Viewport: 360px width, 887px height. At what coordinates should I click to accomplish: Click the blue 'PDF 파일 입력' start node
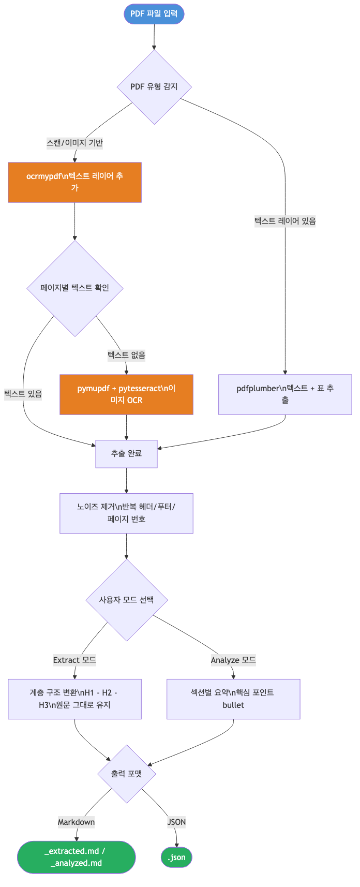click(x=154, y=14)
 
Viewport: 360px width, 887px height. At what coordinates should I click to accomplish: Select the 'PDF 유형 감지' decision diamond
click(x=154, y=86)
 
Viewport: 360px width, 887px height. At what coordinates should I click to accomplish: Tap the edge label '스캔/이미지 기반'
click(x=74, y=143)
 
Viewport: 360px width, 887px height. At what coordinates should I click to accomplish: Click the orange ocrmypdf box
click(x=74, y=182)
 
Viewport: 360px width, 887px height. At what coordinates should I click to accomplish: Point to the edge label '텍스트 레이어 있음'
click(x=285, y=221)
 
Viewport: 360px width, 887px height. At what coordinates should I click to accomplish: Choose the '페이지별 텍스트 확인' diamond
click(x=75, y=288)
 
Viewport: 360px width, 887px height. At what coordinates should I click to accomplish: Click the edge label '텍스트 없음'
click(x=126, y=355)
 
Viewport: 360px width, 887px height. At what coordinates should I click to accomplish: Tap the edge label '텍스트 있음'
click(x=23, y=394)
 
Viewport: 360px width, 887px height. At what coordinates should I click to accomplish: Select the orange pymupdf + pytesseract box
click(x=126, y=394)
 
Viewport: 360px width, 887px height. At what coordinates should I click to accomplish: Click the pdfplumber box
click(x=285, y=394)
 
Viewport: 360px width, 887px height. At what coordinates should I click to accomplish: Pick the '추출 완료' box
click(x=126, y=453)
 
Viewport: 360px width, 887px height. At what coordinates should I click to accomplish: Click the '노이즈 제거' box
click(x=126, y=513)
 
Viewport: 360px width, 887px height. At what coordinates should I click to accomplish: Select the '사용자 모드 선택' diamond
click(x=126, y=600)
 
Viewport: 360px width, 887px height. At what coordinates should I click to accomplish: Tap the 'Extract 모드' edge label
click(x=74, y=660)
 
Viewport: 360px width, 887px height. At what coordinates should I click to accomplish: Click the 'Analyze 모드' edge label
click(x=233, y=660)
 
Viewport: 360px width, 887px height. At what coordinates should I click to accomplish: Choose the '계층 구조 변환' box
click(x=74, y=699)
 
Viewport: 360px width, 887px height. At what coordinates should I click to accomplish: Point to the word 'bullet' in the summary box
click(x=233, y=705)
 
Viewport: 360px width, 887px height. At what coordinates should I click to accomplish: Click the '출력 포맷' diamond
click(x=126, y=774)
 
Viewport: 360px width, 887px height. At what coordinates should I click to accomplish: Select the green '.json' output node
click(x=176, y=858)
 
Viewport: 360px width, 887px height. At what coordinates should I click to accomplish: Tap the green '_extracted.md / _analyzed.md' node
click(x=76, y=857)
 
